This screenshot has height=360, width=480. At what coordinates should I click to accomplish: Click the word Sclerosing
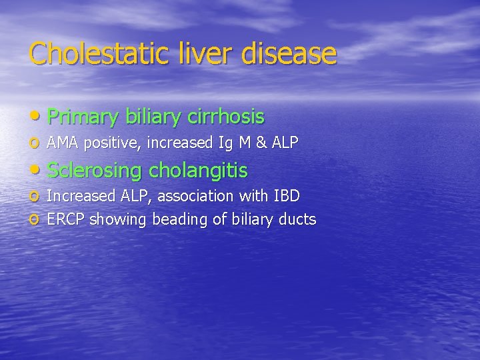coord(95,171)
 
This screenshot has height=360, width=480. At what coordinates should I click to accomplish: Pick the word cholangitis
coord(198,171)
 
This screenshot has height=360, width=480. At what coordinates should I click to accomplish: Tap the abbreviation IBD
coord(285,196)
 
